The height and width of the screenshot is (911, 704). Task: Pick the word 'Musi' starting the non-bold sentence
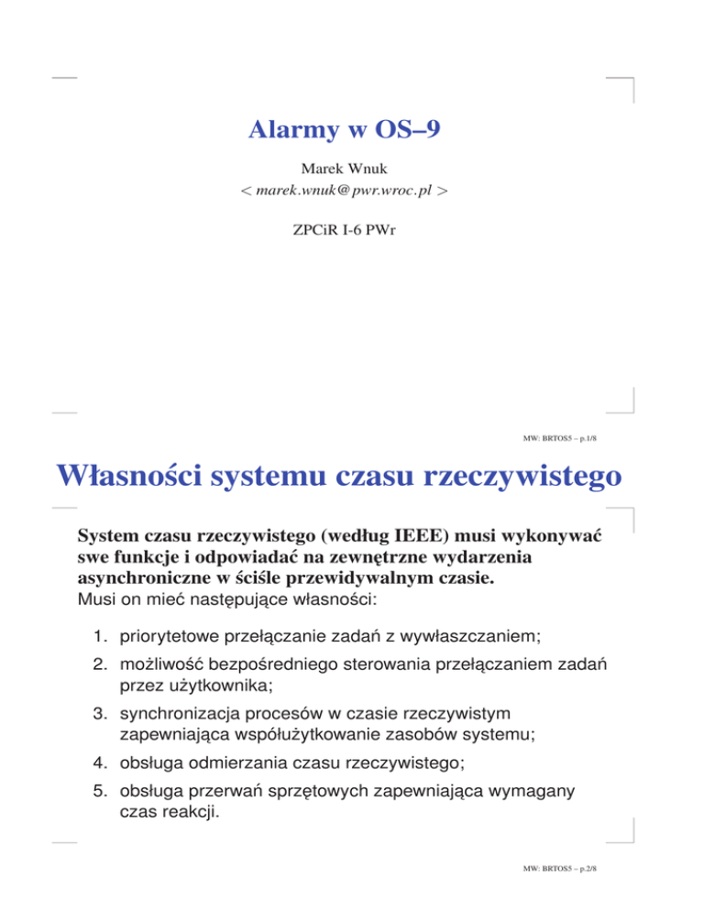point(97,598)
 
